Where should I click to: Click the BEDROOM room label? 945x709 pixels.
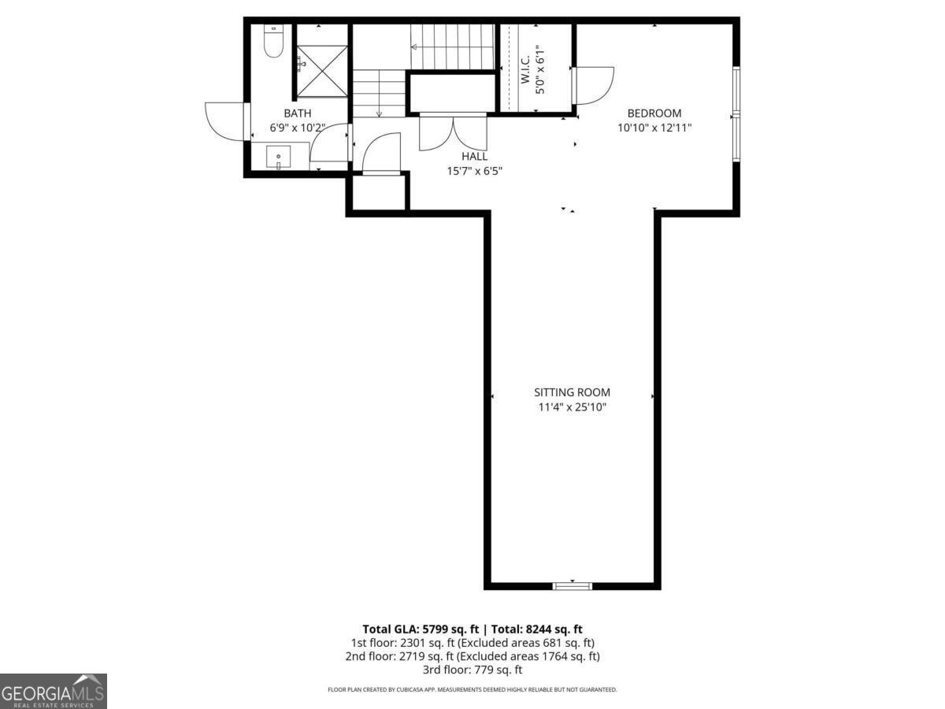click(x=654, y=113)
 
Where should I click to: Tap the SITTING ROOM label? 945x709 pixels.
click(x=572, y=392)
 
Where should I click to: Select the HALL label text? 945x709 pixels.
click(x=474, y=157)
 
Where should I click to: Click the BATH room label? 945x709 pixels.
click(x=298, y=113)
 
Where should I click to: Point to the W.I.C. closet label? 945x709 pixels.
click(x=525, y=69)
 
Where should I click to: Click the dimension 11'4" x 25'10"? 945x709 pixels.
click(x=572, y=407)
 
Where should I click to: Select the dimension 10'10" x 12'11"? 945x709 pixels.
click(x=654, y=127)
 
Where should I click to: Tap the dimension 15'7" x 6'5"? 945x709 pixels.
click(x=474, y=170)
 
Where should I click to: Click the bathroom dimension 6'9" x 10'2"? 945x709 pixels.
click(x=298, y=127)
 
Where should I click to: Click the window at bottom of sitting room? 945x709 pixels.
click(x=572, y=585)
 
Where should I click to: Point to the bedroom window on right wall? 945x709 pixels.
click(x=736, y=114)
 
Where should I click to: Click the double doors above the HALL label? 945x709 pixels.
click(x=453, y=132)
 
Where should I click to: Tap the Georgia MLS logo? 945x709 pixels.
click(x=53, y=691)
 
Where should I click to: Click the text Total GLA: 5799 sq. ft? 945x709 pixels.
click(x=421, y=629)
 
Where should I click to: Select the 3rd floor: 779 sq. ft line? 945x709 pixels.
click(x=472, y=670)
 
